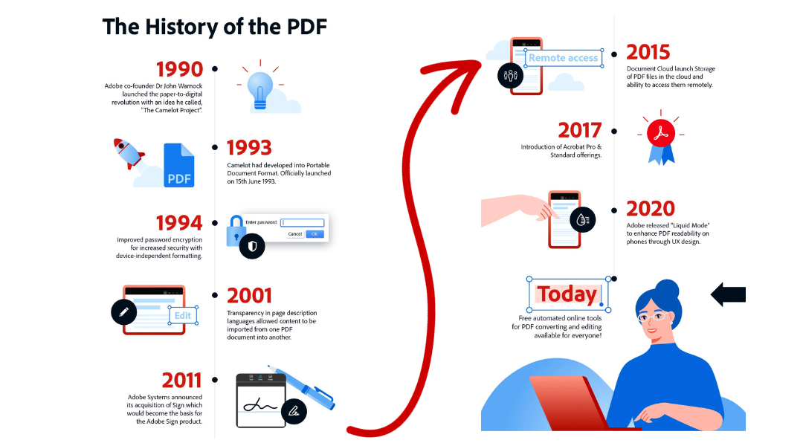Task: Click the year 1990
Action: point(179,69)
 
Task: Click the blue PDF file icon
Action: point(179,166)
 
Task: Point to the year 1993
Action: point(249,148)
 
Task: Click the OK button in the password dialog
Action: point(315,233)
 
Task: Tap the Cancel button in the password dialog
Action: point(294,233)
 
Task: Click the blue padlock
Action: point(237,232)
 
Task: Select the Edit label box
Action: point(182,315)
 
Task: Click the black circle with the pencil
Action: point(124,312)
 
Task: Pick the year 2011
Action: point(181,381)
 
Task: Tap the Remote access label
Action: point(563,58)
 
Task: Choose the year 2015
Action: point(648,52)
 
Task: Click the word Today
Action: point(567,294)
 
